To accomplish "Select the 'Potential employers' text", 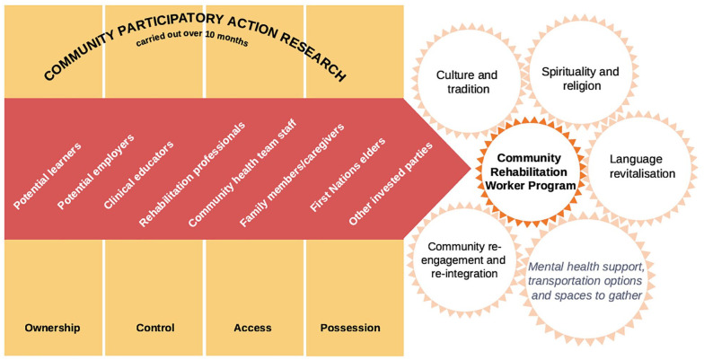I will tap(95, 172).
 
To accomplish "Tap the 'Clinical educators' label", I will tap(139, 173).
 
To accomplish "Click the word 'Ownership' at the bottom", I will tap(53, 328).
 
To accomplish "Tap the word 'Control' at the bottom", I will tap(154, 328).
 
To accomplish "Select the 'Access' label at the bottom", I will tap(252, 328).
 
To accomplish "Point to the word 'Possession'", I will tap(350, 328).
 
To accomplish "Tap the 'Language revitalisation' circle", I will tap(641, 166).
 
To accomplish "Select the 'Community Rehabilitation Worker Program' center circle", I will tap(529, 171).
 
